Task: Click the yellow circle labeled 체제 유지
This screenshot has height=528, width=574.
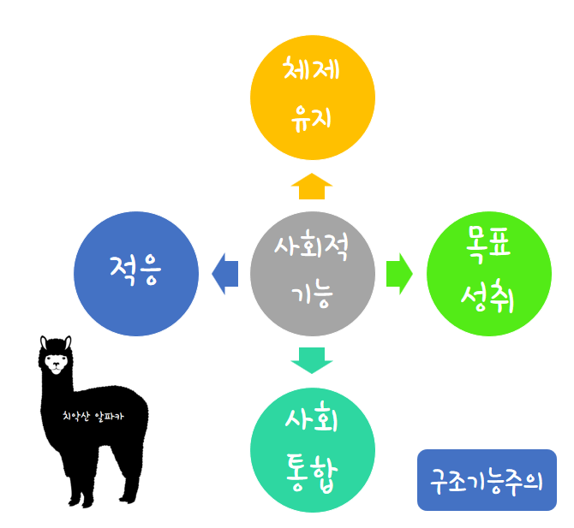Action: [x=313, y=97]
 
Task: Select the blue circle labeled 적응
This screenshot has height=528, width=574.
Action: [x=137, y=273]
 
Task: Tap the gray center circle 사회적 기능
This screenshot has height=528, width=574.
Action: [x=313, y=273]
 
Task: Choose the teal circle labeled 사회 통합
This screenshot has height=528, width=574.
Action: [x=313, y=450]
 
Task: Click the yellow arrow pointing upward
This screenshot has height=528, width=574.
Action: [x=312, y=186]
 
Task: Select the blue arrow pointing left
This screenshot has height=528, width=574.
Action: [x=224, y=274]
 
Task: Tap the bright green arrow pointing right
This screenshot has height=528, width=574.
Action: [x=399, y=274]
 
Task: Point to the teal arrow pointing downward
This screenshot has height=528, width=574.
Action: [x=312, y=360]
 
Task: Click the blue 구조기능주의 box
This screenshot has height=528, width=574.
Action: [x=487, y=480]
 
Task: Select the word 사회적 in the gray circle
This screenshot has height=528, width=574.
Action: [x=311, y=248]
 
